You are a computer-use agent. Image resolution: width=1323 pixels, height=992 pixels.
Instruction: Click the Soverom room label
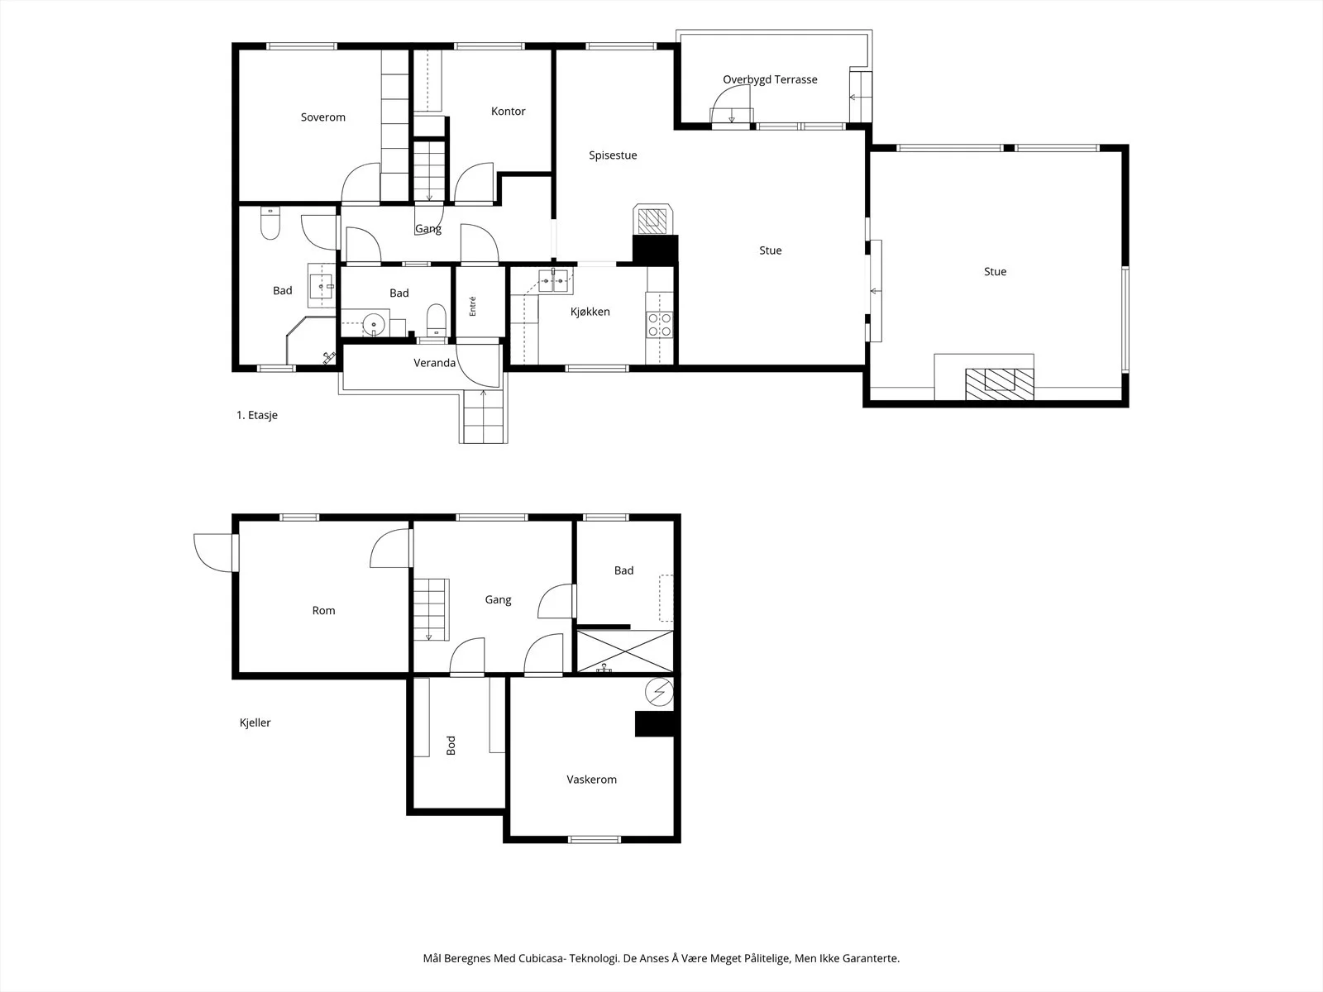pyautogui.click(x=323, y=117)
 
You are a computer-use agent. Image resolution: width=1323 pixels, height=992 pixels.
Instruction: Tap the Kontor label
pyautogui.click(x=508, y=112)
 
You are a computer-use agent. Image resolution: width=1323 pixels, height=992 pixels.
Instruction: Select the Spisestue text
pyautogui.click(x=613, y=155)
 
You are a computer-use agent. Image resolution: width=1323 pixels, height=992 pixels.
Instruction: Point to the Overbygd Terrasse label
pyautogui.click(x=771, y=79)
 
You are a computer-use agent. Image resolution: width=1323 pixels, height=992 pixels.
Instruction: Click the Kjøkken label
pyautogui.click(x=590, y=312)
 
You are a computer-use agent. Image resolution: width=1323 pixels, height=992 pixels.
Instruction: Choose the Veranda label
pyautogui.click(x=435, y=363)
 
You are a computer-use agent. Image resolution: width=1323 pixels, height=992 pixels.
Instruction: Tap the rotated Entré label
pyautogui.click(x=472, y=306)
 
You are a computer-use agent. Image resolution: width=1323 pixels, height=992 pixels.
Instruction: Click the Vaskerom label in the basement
pyautogui.click(x=592, y=780)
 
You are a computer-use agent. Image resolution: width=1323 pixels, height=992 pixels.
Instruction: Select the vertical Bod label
pyautogui.click(x=451, y=746)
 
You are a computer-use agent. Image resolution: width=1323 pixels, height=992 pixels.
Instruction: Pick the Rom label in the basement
pyautogui.click(x=323, y=611)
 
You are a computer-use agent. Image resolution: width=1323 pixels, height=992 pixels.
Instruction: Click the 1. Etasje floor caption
pyautogui.click(x=257, y=415)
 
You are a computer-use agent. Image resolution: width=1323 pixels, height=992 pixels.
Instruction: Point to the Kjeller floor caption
pyautogui.click(x=255, y=723)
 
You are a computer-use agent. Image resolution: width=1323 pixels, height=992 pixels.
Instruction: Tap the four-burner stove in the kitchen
pyautogui.click(x=659, y=325)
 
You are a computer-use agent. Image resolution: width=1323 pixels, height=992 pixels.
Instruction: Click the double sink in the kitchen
pyautogui.click(x=553, y=280)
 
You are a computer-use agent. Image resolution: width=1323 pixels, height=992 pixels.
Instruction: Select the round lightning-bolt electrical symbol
pyautogui.click(x=659, y=692)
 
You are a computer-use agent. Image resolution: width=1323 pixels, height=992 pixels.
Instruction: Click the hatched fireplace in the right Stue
pyautogui.click(x=1000, y=384)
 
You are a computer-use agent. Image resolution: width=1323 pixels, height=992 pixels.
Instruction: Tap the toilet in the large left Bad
pyautogui.click(x=270, y=223)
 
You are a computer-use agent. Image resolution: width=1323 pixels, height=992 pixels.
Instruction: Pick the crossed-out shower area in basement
pyautogui.click(x=625, y=651)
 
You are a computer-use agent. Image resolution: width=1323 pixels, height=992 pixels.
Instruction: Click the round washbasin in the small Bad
pyautogui.click(x=374, y=325)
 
